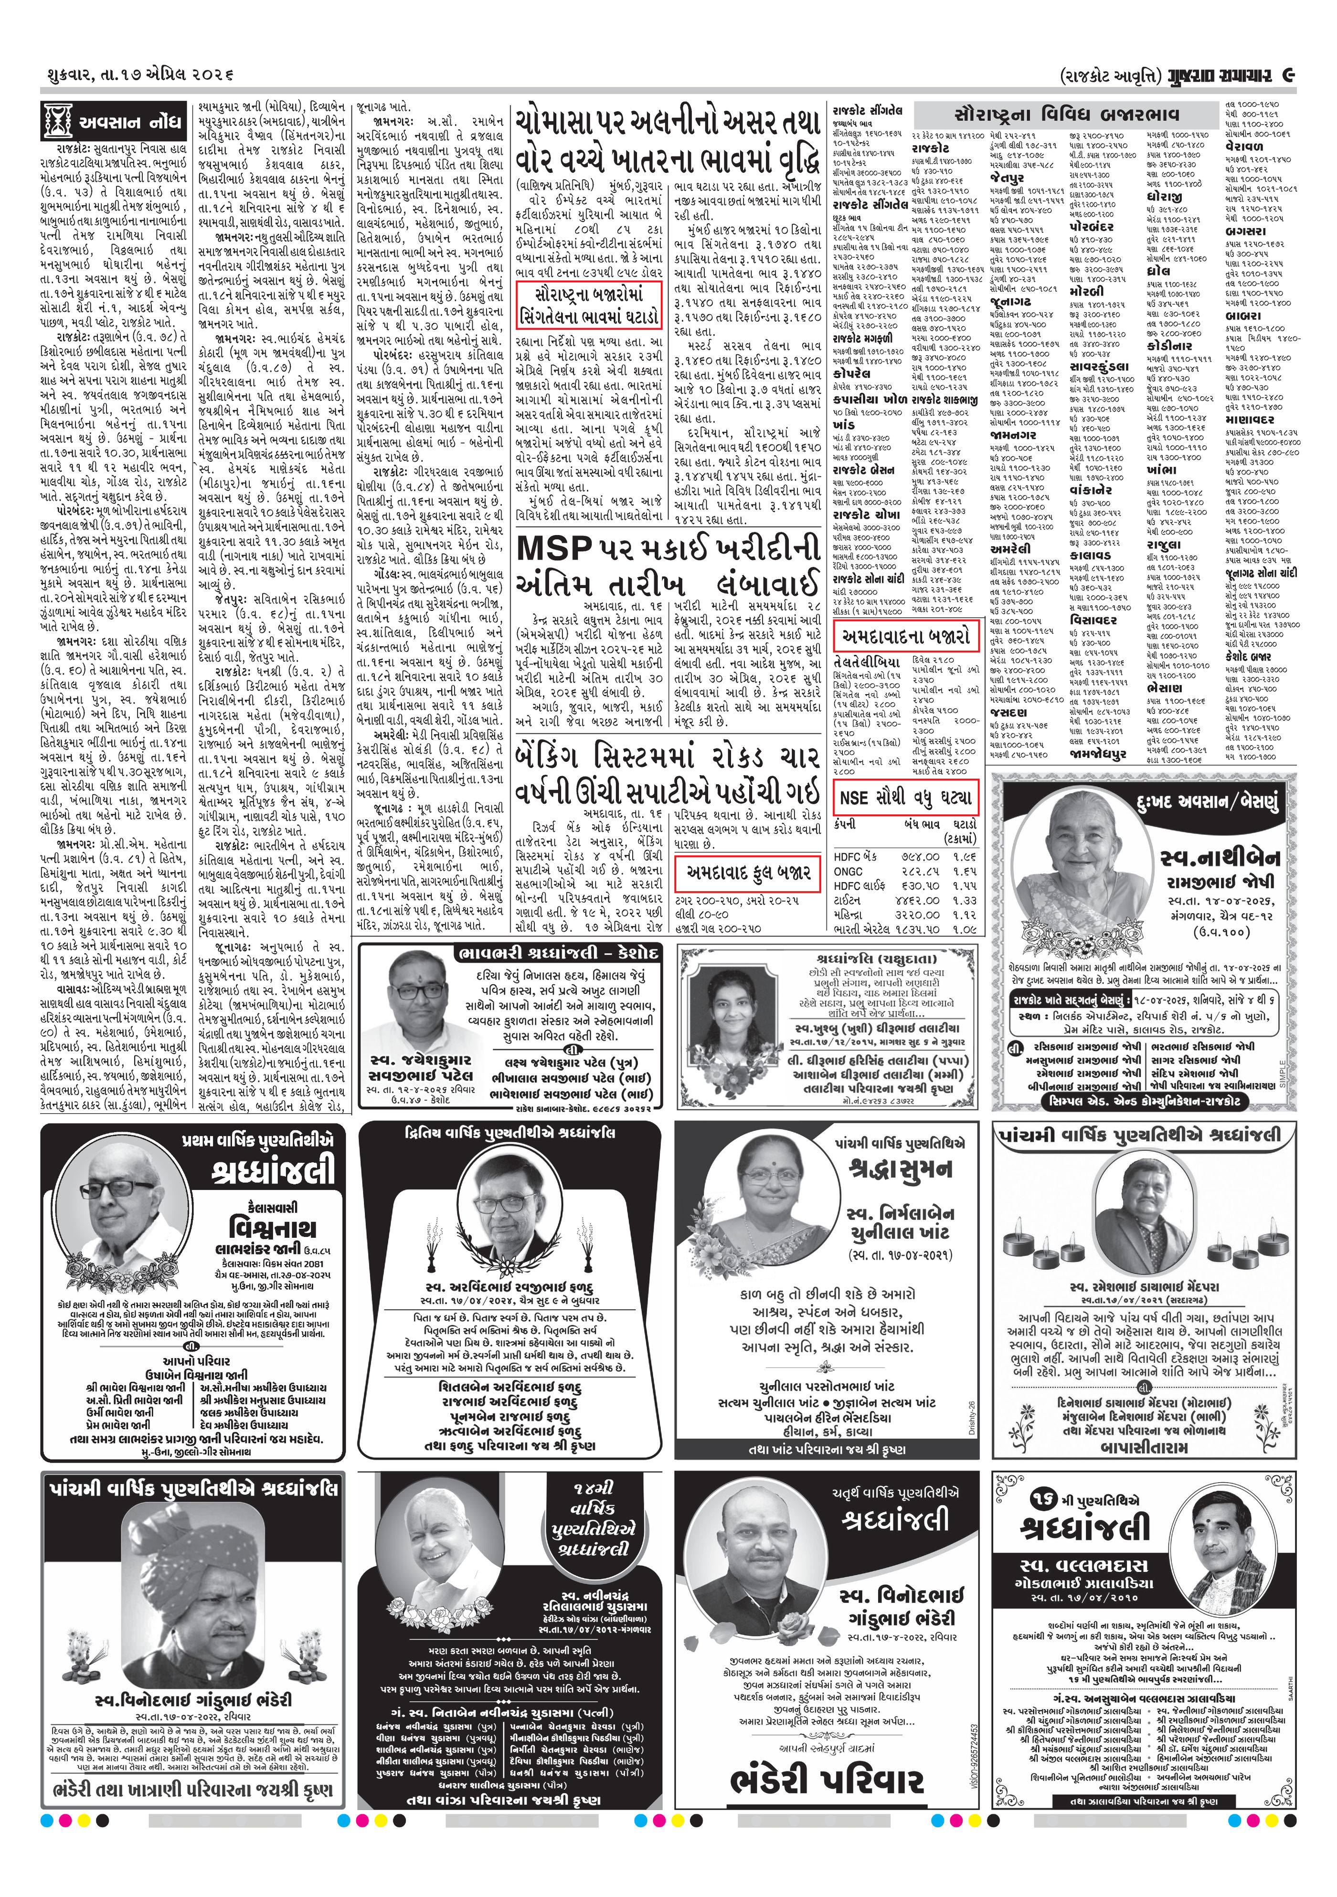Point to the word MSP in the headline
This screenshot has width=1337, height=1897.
coord(553,548)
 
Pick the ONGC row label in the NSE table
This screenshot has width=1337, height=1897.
coord(849,871)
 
